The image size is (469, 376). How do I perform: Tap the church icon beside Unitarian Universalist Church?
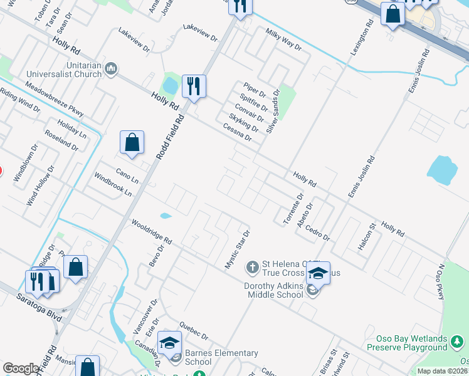pos(111,68)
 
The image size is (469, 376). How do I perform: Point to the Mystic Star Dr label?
pos(238,249)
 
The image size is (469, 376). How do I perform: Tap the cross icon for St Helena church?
pos(252,268)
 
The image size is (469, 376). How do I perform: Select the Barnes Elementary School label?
pos(221,357)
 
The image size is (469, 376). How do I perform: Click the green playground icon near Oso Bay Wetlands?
pos(458,341)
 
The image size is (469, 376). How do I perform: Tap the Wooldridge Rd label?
pos(152,231)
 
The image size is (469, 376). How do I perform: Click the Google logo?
pos(21,368)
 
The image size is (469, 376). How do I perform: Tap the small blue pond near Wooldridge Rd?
pos(166,216)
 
